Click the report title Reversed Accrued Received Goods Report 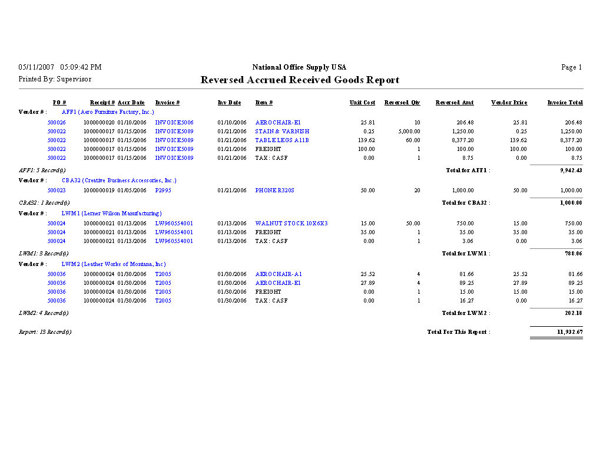300,80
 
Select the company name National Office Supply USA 299,67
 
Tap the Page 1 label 571,67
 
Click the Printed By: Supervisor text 55,79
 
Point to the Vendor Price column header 509,103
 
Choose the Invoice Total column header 565,103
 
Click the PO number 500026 57,123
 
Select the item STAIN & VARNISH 282,132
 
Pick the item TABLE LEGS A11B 282,140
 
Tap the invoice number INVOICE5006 174,123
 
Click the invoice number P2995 163,191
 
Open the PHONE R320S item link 274,191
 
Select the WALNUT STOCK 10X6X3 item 291,224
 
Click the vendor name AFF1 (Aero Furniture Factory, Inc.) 108,111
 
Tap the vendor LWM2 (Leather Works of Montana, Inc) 114,264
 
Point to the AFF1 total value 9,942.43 571,170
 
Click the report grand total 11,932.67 569,332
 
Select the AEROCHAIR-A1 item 279,274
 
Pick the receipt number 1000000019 99,191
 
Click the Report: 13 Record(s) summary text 45,332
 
